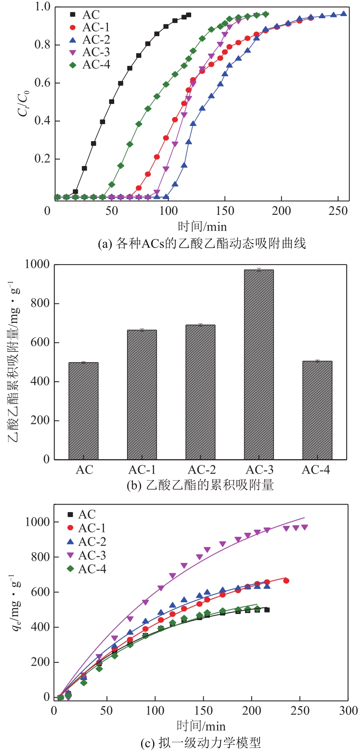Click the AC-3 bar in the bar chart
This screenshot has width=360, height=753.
click(x=259, y=364)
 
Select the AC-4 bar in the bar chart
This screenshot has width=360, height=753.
click(x=317, y=410)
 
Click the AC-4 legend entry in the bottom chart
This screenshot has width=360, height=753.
click(x=86, y=569)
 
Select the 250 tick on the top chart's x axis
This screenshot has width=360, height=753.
click(x=338, y=211)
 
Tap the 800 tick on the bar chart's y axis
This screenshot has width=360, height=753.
click(x=40, y=303)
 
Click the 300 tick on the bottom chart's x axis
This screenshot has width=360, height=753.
click(x=348, y=711)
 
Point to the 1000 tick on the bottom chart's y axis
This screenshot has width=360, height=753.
click(x=37, y=522)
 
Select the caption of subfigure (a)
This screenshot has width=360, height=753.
click(x=202, y=243)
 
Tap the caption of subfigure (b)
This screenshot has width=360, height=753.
click(x=200, y=485)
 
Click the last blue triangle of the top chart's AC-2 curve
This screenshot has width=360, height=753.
click(x=343, y=14)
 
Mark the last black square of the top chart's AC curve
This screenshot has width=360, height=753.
click(x=189, y=15)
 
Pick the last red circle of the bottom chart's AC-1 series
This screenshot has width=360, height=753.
click(x=286, y=581)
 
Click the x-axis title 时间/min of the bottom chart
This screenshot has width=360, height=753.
click(x=201, y=726)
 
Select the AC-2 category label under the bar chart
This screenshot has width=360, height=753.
click(x=202, y=470)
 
